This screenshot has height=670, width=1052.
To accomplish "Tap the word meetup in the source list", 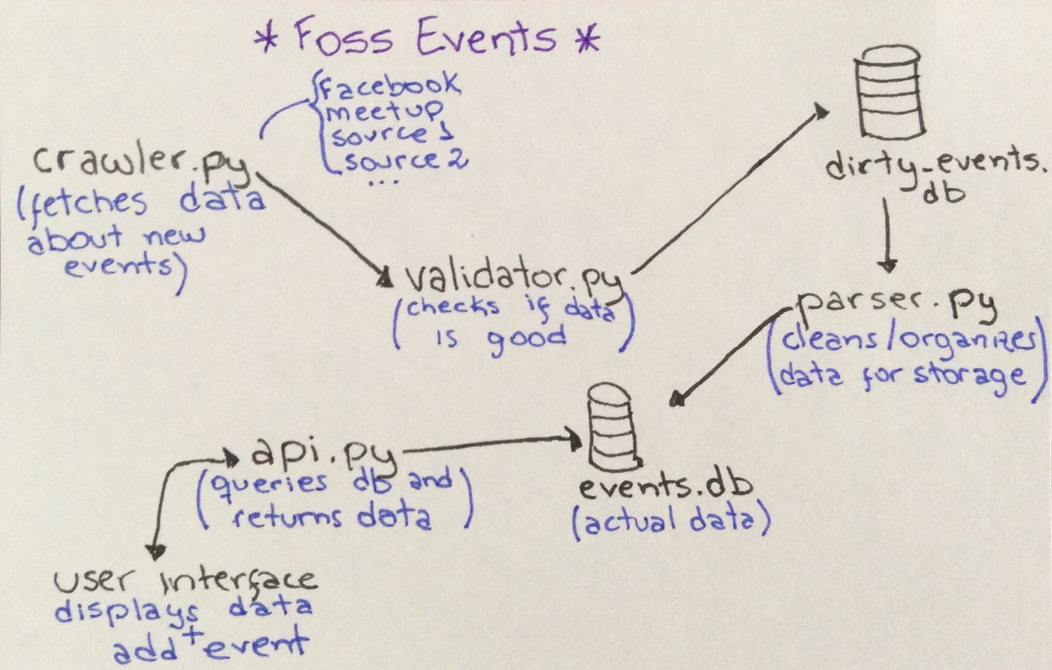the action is tap(384, 111).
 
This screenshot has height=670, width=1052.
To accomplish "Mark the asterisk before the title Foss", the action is tap(267, 41).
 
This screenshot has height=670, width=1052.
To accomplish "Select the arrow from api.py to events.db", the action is tap(492, 444).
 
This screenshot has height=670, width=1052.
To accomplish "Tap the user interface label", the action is tap(185, 579).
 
